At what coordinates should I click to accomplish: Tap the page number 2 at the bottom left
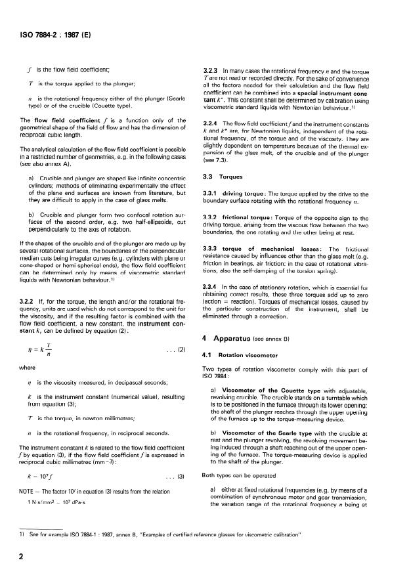24,557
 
